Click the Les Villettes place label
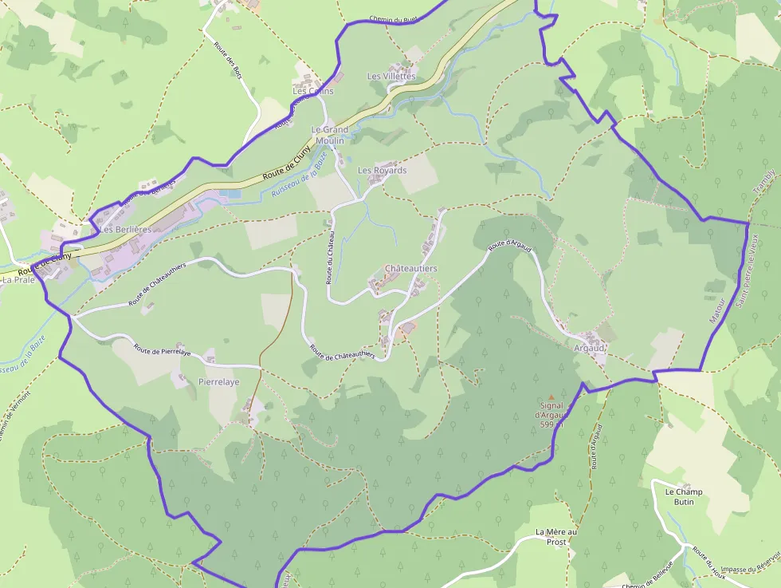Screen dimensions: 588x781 [390, 76]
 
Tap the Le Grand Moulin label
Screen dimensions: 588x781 [329, 135]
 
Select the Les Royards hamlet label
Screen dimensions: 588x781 [382, 170]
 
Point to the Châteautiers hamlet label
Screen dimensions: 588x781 [410, 269]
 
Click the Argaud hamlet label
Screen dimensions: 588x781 [589, 349]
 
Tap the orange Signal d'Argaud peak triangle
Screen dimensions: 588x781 [551, 397]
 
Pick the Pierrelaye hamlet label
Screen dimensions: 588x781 [218, 382]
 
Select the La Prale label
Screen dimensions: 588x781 [18, 280]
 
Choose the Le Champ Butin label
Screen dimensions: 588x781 [684, 496]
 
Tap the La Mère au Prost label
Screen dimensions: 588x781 [555, 536]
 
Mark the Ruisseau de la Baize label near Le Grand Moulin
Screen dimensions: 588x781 [299, 177]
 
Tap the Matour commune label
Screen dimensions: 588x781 [718, 310]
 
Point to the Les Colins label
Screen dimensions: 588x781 [312, 91]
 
